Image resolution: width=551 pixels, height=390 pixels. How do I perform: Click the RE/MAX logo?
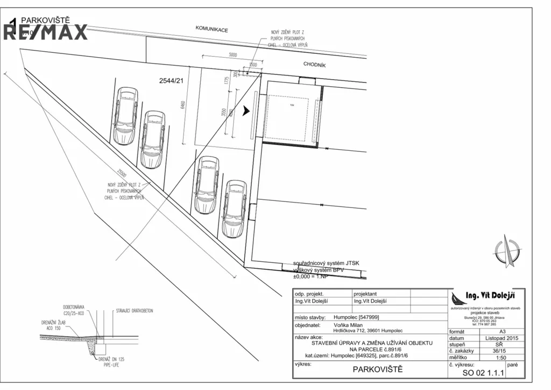(46, 31)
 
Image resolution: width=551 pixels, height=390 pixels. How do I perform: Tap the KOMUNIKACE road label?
(211, 29)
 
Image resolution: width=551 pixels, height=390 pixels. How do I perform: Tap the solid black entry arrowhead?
(246, 111)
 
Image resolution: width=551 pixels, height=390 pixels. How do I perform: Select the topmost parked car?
(126, 116)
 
